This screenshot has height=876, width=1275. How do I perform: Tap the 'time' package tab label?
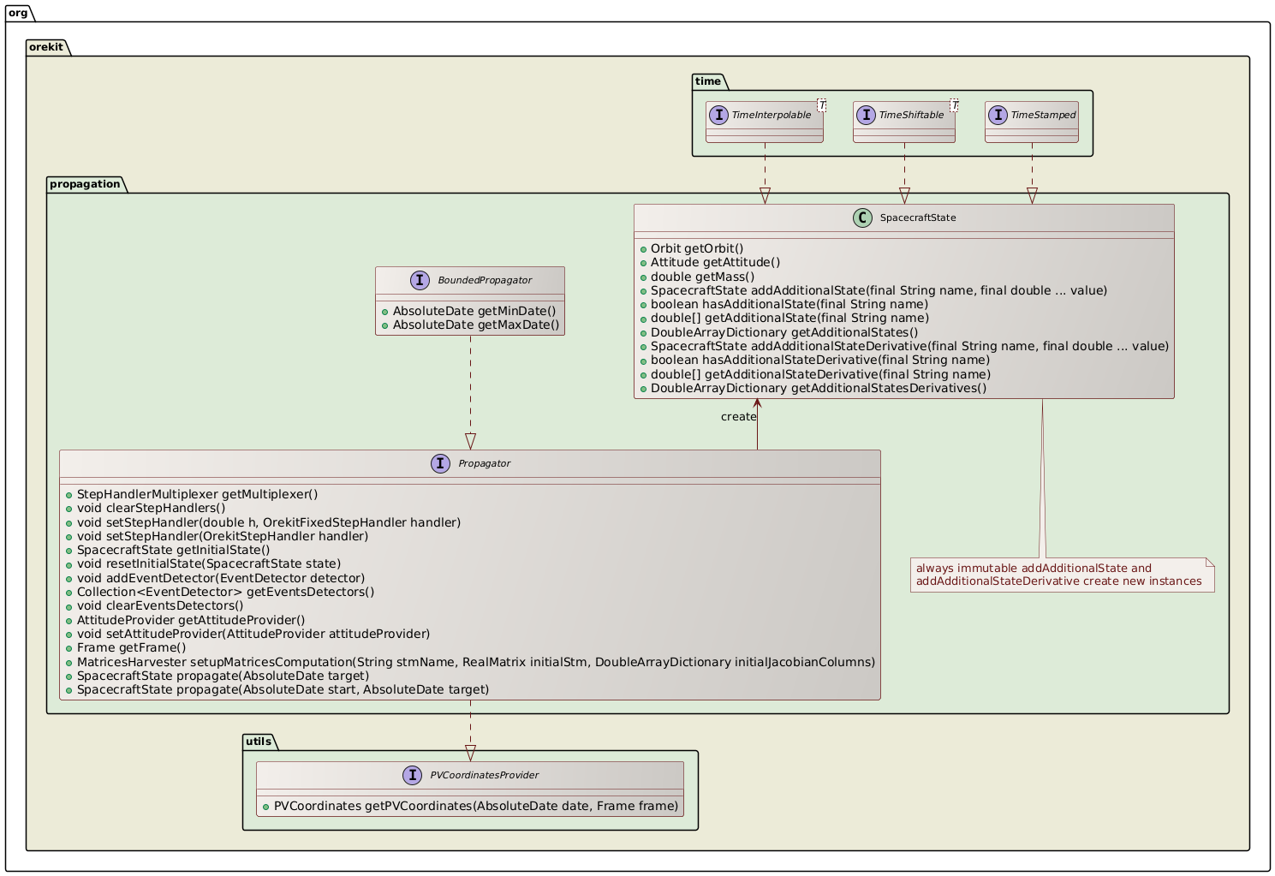tap(708, 81)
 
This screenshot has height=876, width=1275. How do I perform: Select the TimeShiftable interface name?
tap(911, 115)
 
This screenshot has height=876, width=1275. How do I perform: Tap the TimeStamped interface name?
tap(1043, 115)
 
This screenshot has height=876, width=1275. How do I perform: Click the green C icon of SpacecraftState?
tap(862, 218)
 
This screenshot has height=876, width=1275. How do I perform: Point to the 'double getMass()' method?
tap(702, 277)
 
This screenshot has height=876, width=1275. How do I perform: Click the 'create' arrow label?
tap(738, 417)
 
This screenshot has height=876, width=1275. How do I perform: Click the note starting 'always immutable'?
tap(1061, 575)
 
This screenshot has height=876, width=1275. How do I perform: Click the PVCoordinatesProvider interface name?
tap(484, 775)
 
